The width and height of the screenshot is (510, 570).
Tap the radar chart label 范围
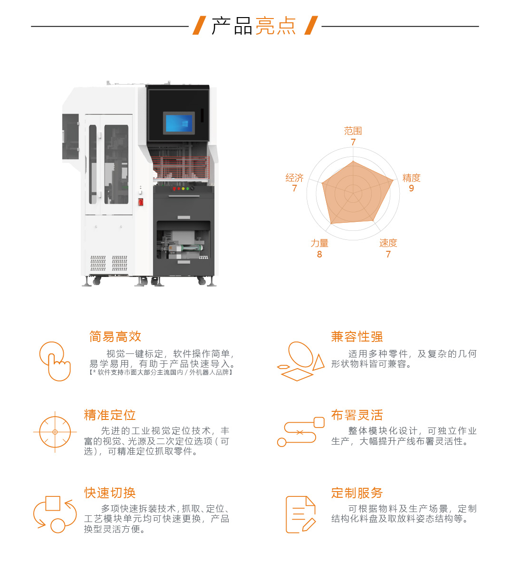coord(353,131)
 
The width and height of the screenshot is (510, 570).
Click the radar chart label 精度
coord(412,178)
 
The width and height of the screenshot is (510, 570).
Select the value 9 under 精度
coord(412,189)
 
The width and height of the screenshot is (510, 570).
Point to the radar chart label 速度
coord(388,243)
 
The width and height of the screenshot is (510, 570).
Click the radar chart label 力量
coord(319,243)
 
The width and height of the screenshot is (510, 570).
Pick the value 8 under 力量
coord(319,255)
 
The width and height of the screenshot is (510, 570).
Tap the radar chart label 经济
coord(294,178)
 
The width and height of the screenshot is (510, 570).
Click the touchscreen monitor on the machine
coord(179,123)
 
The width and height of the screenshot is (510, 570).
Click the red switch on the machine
coord(141,202)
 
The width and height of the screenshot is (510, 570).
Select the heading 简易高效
coord(115,337)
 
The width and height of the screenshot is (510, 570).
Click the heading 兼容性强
coord(357,337)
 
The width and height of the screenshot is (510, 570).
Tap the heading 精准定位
coord(110,415)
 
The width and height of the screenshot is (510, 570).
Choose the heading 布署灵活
coord(357,415)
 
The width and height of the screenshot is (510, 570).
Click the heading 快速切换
coord(110,493)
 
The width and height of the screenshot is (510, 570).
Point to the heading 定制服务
coord(357,493)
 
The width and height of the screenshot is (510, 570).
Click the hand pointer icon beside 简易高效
coord(55,361)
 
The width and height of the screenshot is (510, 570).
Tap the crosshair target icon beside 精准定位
coord(55,432)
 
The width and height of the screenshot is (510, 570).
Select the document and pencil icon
coord(300,514)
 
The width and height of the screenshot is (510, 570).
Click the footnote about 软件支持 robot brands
coord(161,373)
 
